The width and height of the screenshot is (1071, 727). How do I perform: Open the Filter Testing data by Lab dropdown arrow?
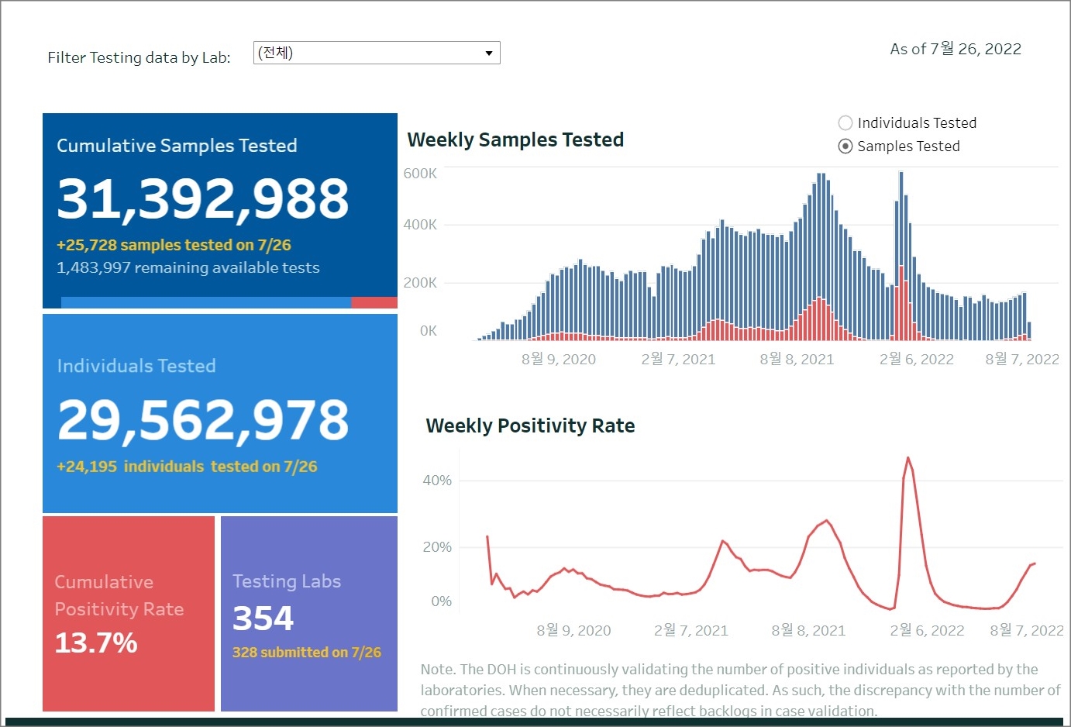tap(489, 53)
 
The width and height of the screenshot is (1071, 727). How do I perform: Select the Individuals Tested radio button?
tap(845, 123)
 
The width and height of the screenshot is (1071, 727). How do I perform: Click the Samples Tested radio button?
tap(845, 146)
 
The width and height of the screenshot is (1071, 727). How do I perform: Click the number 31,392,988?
tap(203, 198)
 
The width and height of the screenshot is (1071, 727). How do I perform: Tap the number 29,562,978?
tap(203, 420)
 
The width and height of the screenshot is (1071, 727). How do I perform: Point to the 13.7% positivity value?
tap(96, 643)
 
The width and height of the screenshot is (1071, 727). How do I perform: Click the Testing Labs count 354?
tap(263, 618)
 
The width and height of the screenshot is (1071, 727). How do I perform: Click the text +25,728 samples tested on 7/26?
tap(174, 245)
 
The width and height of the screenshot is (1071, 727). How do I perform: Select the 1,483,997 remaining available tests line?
tap(188, 267)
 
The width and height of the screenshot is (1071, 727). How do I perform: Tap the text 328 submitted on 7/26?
tap(307, 653)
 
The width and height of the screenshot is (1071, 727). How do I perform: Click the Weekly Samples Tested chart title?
tap(515, 140)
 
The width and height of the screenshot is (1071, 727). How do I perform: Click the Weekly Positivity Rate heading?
tap(530, 426)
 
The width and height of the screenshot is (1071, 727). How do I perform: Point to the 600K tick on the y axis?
tap(420, 174)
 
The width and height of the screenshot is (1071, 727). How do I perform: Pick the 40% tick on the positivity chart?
tap(437, 481)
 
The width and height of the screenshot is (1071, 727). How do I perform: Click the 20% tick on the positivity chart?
tap(437, 547)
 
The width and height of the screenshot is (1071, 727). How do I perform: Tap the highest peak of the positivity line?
tap(907, 459)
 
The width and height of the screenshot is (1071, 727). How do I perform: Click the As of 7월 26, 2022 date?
tap(956, 49)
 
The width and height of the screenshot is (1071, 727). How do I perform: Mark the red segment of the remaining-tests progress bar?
tap(374, 302)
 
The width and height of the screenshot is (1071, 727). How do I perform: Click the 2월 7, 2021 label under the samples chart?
tap(678, 360)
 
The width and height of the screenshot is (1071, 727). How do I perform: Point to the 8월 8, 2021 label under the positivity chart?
tap(808, 631)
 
